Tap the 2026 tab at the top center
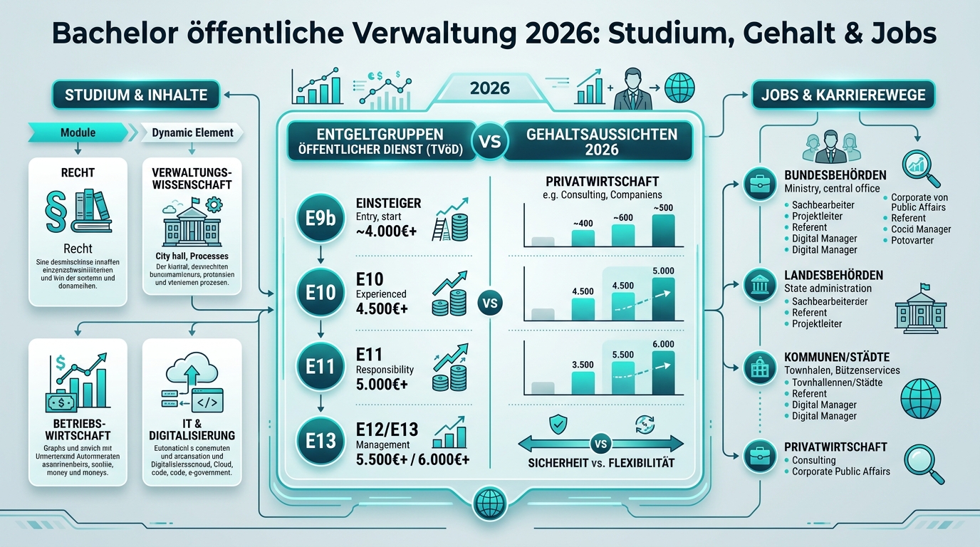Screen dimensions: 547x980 coord(490,88)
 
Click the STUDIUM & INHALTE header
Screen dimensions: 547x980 coord(136,95)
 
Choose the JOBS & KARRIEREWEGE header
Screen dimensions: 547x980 coord(843,95)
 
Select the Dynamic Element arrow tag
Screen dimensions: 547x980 coord(191,132)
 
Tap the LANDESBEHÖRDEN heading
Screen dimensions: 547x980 coord(834,275)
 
